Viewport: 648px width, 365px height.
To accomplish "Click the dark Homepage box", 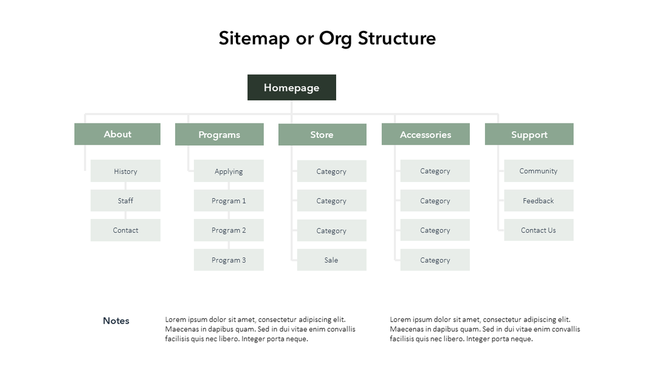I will (291, 88).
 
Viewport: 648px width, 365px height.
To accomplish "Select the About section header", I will (117, 134).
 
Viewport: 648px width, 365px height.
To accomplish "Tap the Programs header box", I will (219, 134).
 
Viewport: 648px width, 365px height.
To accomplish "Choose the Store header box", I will (322, 134).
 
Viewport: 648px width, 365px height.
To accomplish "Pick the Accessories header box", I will (426, 134).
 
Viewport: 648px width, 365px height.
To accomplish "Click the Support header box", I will (529, 134).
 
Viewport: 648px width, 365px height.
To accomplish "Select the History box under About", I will (125, 171).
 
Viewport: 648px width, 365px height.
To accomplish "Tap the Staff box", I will (125, 201).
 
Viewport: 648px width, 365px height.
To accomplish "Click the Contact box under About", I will (125, 230).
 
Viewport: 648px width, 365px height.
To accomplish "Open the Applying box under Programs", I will (229, 171).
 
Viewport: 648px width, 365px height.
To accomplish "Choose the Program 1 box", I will (229, 201).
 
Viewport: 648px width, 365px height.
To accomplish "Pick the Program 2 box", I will (229, 230).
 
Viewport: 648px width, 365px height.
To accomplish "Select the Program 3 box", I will (229, 260).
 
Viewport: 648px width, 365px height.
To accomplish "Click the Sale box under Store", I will (331, 260).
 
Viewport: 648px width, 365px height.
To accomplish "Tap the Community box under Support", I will (539, 171).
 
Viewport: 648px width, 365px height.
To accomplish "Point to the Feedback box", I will (539, 201).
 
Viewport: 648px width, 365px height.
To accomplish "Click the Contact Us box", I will (539, 230).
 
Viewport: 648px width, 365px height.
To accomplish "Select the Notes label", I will (116, 321).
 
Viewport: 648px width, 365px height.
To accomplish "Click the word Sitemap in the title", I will (254, 38).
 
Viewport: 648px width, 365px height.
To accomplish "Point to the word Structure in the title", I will (396, 38).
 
